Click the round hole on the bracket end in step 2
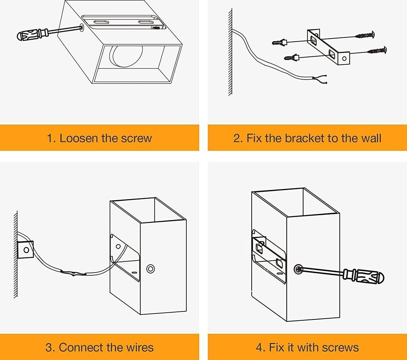point(344,58)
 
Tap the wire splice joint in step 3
point(74,273)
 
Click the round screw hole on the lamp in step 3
point(150,269)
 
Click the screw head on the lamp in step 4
point(298,269)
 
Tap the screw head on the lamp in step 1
point(81,27)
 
